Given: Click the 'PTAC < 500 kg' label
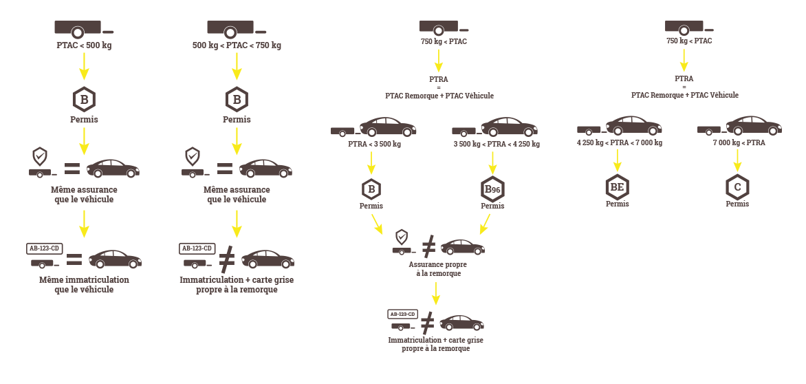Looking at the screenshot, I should [84, 45].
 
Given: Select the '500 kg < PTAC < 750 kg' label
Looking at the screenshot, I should [237, 45].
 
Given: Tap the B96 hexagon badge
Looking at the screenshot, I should [492, 189].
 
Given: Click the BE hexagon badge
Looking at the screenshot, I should [617, 187].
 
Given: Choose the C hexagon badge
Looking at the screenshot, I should [737, 187].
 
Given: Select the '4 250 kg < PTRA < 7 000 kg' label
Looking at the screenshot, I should [620, 143].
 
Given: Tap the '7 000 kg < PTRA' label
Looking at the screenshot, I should [739, 143].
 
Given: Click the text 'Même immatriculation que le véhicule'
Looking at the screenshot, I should [84, 285].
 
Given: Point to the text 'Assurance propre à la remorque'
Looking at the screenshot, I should [434, 268].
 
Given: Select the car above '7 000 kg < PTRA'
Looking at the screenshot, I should [754, 126].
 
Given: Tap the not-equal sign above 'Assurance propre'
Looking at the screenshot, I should [428, 246].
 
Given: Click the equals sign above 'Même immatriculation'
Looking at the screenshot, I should [74, 260].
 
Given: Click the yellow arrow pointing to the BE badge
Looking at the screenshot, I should [618, 160].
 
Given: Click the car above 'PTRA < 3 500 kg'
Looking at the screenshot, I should [388, 127].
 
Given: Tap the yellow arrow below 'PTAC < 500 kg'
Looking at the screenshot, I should [84, 66].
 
